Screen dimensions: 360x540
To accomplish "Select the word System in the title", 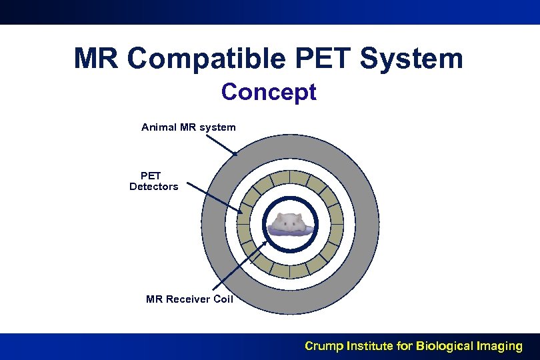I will click(411, 59).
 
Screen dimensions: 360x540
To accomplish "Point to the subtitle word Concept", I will click(269, 92).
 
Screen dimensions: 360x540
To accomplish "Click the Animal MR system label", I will click(189, 127).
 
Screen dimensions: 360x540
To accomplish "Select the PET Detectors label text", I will click(154, 181).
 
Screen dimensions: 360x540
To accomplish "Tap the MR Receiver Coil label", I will click(189, 299).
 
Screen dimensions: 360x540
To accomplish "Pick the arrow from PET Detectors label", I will click(213, 198).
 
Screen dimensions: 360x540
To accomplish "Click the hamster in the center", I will click(290, 223).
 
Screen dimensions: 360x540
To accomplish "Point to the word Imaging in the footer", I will click(501, 346).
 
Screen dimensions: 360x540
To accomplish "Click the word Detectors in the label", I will click(154, 187).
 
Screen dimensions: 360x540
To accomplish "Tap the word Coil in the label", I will click(222, 299).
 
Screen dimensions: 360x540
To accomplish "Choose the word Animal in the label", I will click(159, 127).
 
